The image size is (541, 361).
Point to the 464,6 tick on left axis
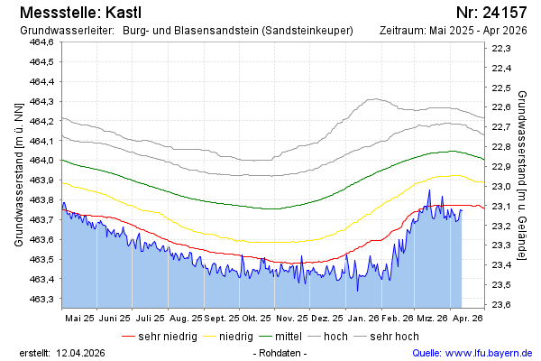click(41, 42)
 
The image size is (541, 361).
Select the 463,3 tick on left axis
click(41, 299)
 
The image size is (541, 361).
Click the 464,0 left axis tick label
click(41, 161)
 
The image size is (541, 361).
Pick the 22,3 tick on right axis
click(501, 49)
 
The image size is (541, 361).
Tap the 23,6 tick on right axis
click(501, 304)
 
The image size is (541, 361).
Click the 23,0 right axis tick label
click(501, 186)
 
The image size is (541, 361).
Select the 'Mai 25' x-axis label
click(79, 319)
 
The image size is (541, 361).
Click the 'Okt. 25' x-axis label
click(257, 319)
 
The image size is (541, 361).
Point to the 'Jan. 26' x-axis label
click(362, 319)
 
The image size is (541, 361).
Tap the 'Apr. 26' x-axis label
click(467, 319)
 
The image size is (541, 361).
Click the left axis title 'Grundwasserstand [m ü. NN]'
click(18, 174)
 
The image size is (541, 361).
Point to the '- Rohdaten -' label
click(281, 352)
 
